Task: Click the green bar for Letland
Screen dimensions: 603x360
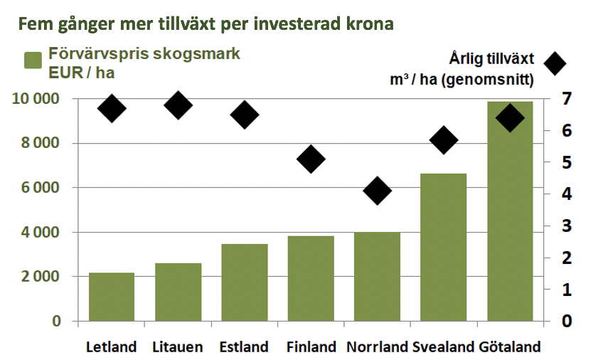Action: tap(112, 297)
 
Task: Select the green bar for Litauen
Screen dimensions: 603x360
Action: tap(178, 292)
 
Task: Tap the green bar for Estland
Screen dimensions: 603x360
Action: tap(245, 282)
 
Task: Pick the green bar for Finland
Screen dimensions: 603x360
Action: tap(311, 278)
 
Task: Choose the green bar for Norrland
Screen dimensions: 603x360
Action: tap(378, 277)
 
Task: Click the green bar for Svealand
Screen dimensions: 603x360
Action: tap(444, 248)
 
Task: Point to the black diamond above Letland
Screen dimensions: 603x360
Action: tap(112, 108)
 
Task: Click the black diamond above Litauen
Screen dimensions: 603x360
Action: tap(178, 105)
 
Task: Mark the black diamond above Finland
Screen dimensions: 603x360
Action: tap(311, 159)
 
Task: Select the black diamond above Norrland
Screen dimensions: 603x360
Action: tap(378, 191)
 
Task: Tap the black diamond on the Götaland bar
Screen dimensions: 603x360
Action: tap(510, 117)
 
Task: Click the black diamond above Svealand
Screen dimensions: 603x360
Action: tap(444, 139)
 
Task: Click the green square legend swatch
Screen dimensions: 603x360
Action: tap(33, 60)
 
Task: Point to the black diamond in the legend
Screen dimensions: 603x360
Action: tap(555, 63)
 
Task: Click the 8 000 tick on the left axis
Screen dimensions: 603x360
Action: tap(41, 143)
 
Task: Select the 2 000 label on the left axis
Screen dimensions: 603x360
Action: tap(41, 276)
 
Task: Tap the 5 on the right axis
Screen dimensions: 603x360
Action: tap(567, 162)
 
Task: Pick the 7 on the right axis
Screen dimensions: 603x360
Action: tap(567, 99)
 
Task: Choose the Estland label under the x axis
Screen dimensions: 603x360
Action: tap(244, 347)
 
